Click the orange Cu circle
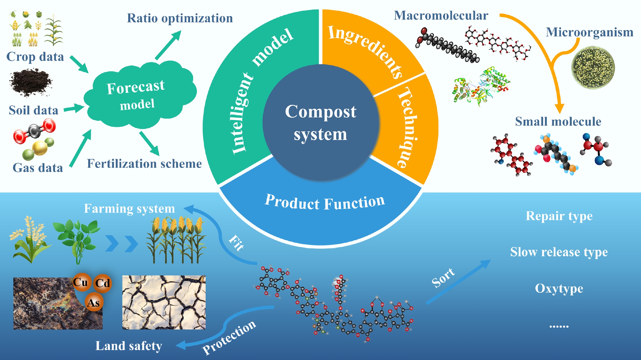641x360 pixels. (81, 282)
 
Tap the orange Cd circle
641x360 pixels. (103, 283)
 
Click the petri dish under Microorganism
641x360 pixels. (593, 68)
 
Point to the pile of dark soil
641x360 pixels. (30, 82)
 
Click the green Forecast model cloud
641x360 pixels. (138, 95)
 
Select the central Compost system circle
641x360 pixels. (320, 122)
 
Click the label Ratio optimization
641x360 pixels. (180, 18)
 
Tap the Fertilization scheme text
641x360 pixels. (144, 164)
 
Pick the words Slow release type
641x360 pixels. (559, 252)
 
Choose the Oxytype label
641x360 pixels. (559, 288)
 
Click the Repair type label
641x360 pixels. (559, 216)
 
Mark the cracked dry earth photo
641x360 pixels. (164, 302)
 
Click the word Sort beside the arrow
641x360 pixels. (443, 277)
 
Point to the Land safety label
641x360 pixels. (129, 346)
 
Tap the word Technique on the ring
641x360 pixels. (408, 128)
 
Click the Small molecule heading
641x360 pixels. (558, 121)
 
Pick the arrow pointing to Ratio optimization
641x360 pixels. (168, 45)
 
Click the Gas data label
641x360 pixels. (38, 168)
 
